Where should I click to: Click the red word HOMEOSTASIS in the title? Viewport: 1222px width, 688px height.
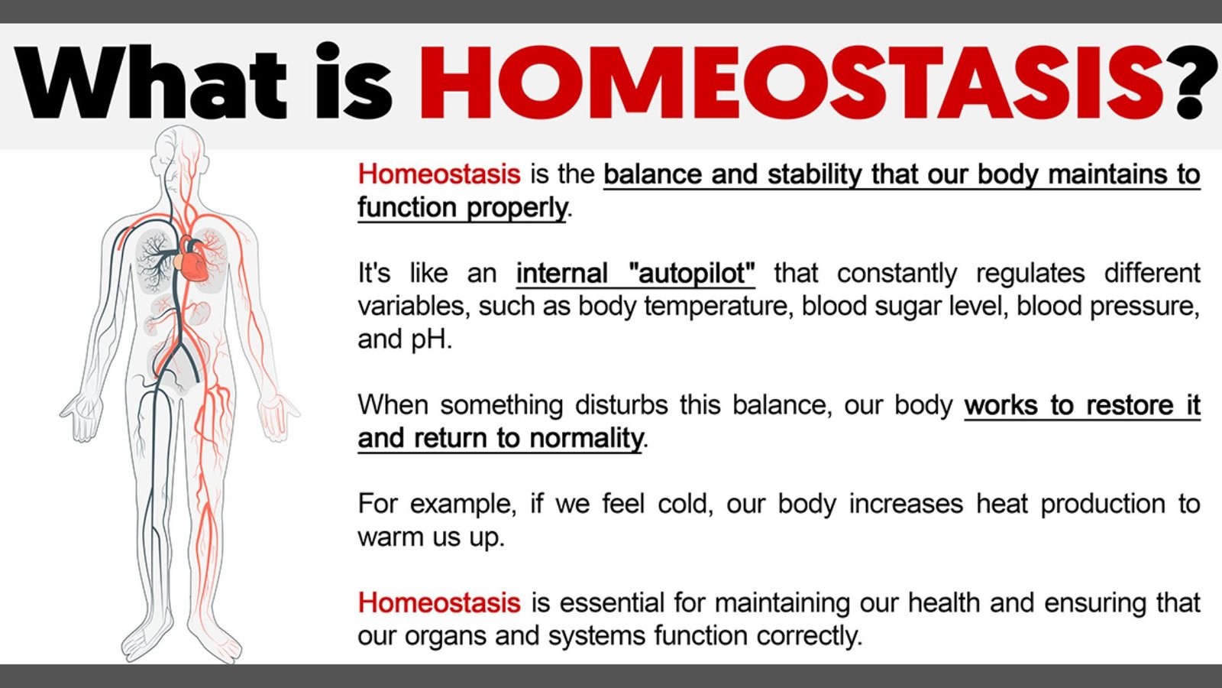(x=790, y=83)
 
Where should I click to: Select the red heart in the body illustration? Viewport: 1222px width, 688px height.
(x=192, y=260)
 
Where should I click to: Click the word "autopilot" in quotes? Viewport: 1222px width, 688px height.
(x=692, y=273)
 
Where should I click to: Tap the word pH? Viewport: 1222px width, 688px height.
(x=431, y=339)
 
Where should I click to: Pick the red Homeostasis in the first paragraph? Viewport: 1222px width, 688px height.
(x=438, y=174)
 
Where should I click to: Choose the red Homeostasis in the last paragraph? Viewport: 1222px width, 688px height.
(x=438, y=602)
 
